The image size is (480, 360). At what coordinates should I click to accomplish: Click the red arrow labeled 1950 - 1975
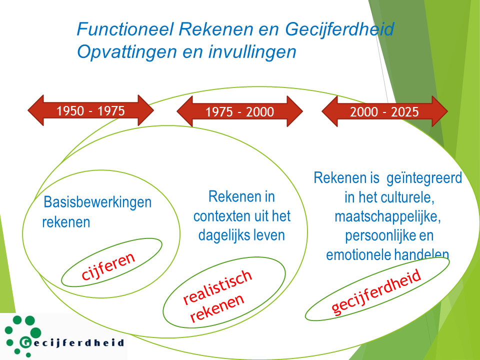90,110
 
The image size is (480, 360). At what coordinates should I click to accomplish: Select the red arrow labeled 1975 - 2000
239,111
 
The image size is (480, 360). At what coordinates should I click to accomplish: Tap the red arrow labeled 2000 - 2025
384,111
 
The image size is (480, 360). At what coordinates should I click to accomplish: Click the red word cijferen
108,266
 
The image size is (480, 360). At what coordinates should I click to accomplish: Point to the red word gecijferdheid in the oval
376,292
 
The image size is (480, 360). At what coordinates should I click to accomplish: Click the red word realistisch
217,286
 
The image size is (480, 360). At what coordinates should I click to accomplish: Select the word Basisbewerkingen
97,202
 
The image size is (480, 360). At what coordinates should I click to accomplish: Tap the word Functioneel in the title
125,29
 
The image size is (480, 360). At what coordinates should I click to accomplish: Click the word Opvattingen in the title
127,51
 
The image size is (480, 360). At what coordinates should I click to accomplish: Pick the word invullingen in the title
252,51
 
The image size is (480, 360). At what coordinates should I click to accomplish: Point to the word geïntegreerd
424,178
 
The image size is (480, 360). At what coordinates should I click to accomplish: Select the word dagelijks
223,235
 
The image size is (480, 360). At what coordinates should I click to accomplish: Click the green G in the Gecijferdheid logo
25,342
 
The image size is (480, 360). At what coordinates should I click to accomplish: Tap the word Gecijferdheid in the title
339,29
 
